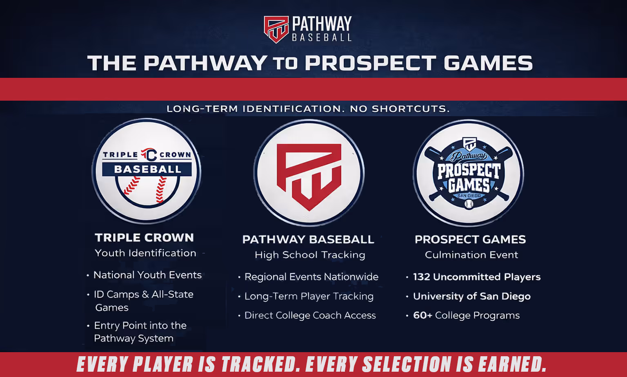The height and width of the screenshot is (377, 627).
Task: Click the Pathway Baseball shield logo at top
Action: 276,29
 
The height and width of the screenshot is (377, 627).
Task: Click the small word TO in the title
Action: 285,64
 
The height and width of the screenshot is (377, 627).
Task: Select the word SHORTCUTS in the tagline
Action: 411,109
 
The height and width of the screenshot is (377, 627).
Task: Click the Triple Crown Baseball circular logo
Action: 147,171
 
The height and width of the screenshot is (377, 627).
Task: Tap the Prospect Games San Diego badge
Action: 469,173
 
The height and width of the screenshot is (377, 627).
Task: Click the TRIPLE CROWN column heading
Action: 145,238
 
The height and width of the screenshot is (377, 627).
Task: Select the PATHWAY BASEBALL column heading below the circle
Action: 308,240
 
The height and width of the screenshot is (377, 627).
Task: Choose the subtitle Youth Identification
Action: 146,253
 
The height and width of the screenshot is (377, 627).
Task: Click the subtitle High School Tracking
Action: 310,255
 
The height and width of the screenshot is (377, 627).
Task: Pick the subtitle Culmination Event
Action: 471,255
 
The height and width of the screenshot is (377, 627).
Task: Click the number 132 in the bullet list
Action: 422,277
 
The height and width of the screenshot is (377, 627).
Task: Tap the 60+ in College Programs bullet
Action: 422,315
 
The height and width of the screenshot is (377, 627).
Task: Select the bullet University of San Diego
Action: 472,296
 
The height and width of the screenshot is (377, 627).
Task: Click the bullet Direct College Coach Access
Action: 310,315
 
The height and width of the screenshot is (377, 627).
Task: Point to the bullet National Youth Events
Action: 147,275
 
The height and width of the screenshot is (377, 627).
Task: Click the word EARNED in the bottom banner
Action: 512,364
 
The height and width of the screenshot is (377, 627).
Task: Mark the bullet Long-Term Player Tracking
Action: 309,296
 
